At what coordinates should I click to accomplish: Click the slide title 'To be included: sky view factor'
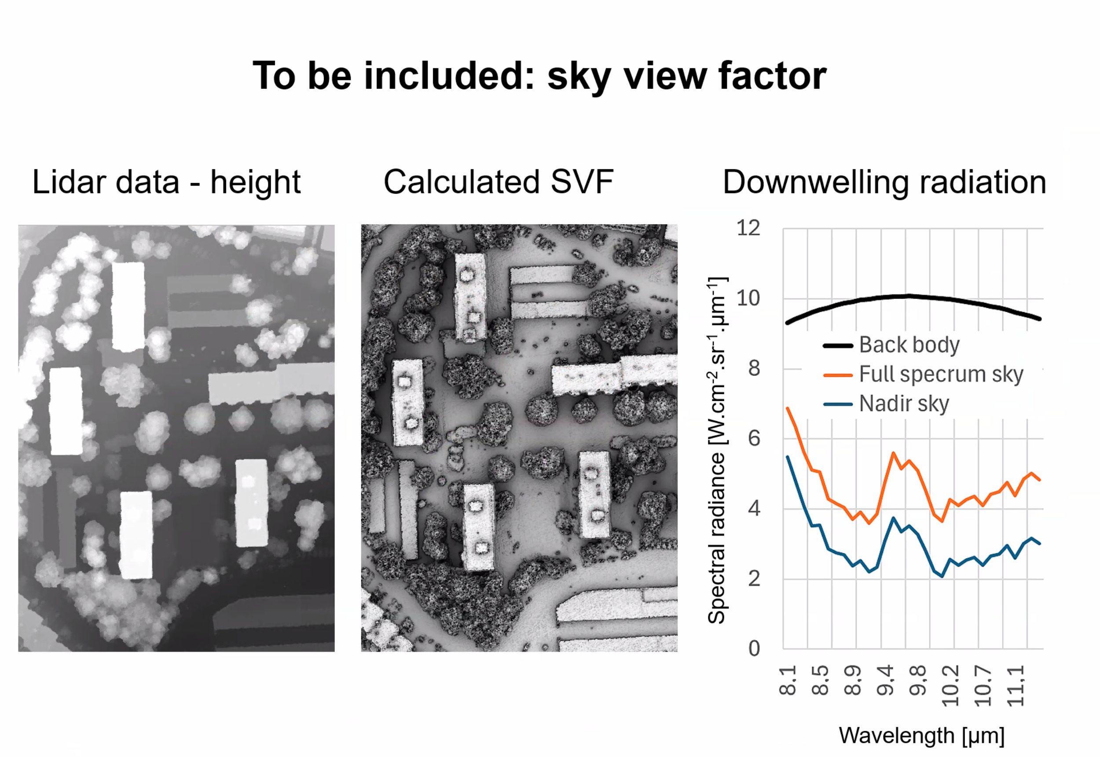(x=539, y=76)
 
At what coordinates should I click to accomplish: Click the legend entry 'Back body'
(x=909, y=345)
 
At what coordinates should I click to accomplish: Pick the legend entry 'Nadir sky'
(x=903, y=404)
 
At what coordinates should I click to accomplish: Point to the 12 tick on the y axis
(x=748, y=228)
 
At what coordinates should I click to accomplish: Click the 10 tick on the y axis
(x=748, y=298)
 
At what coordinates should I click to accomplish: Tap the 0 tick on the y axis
(x=754, y=648)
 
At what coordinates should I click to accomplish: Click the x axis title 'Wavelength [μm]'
(x=921, y=735)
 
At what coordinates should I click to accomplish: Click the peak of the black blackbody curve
(x=907, y=296)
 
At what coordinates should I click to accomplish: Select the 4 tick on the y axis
(x=754, y=509)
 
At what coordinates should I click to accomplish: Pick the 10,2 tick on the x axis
(x=950, y=685)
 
